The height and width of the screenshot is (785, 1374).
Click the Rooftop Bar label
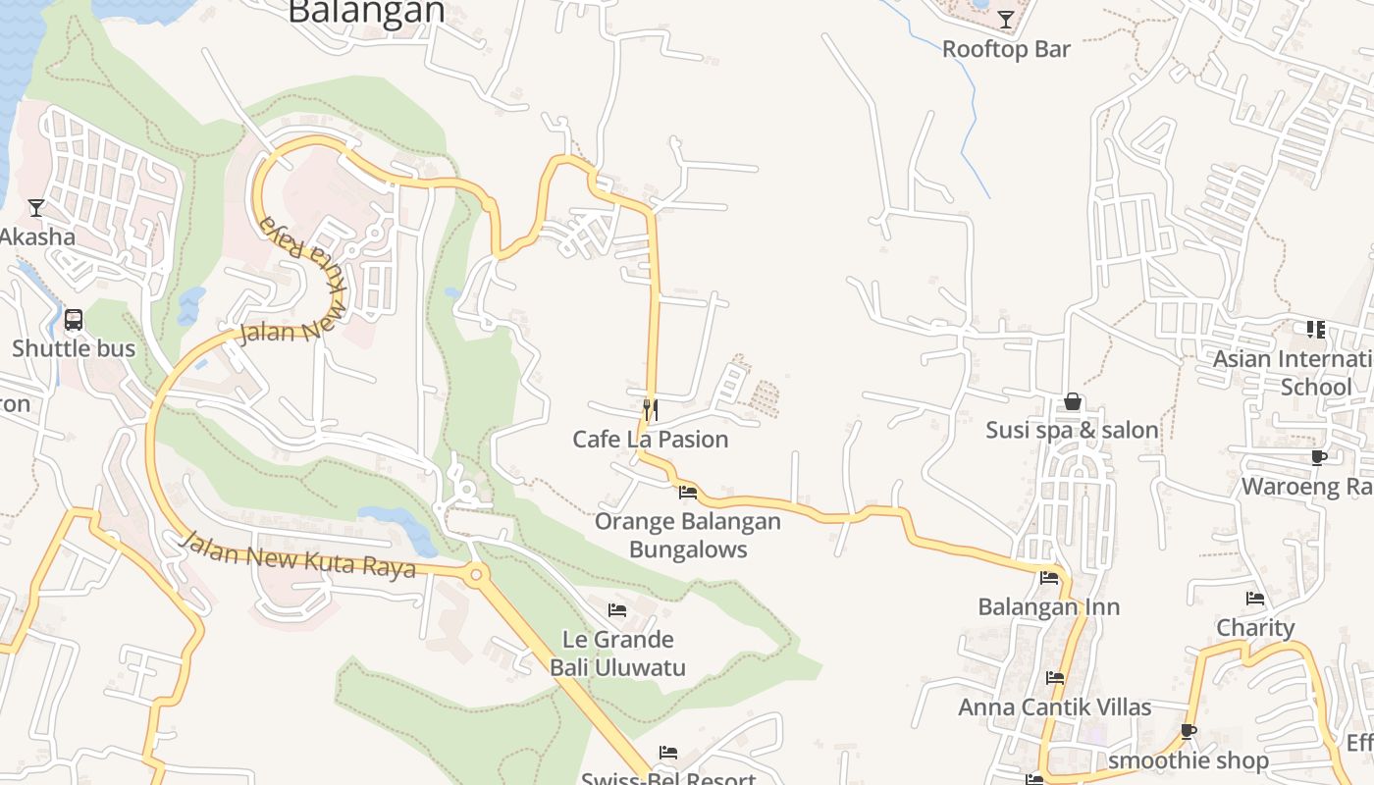tap(1006, 49)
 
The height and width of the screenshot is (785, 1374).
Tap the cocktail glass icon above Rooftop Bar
tap(1006, 19)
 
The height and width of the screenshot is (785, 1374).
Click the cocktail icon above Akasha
tap(36, 207)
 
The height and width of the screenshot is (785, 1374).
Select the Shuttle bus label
tap(74, 348)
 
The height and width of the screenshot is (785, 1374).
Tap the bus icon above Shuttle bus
tap(74, 320)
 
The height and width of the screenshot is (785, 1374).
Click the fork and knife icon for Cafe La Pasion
tap(650, 408)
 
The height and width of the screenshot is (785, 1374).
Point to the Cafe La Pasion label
tap(651, 439)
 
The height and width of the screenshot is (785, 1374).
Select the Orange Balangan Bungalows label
tap(688, 535)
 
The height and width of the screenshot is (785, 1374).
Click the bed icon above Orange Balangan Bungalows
tap(688, 493)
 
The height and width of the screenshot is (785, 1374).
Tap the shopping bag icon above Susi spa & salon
tap(1073, 401)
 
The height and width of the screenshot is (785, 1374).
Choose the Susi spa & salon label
tap(1072, 430)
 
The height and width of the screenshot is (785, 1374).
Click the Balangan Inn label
tap(1048, 606)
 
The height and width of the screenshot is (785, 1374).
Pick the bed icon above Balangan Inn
tap(1049, 578)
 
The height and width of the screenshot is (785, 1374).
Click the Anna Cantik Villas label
tap(1054, 706)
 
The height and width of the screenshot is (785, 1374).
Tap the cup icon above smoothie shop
tap(1189, 731)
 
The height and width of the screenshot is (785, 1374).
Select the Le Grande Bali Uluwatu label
tap(617, 654)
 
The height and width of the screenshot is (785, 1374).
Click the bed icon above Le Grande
tap(617, 610)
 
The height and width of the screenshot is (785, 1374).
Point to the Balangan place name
tap(367, 12)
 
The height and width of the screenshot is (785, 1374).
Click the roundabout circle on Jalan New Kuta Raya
tap(477, 575)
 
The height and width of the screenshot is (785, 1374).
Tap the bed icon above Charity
tap(1255, 599)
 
